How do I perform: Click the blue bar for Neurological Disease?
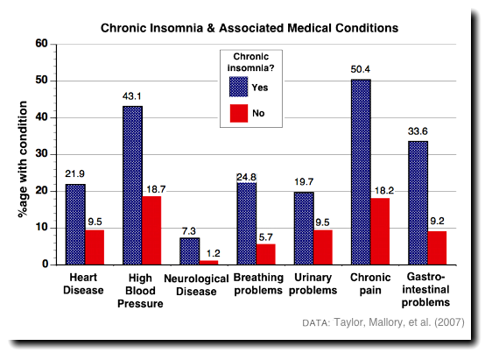pos(189,251)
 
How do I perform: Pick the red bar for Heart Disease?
pos(94,246)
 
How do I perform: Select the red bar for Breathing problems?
pos(265,253)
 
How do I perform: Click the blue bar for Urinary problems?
pos(303,228)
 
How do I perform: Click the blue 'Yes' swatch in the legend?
pos(239,87)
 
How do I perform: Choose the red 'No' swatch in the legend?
pos(239,112)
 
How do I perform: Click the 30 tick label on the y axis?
pos(41,154)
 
